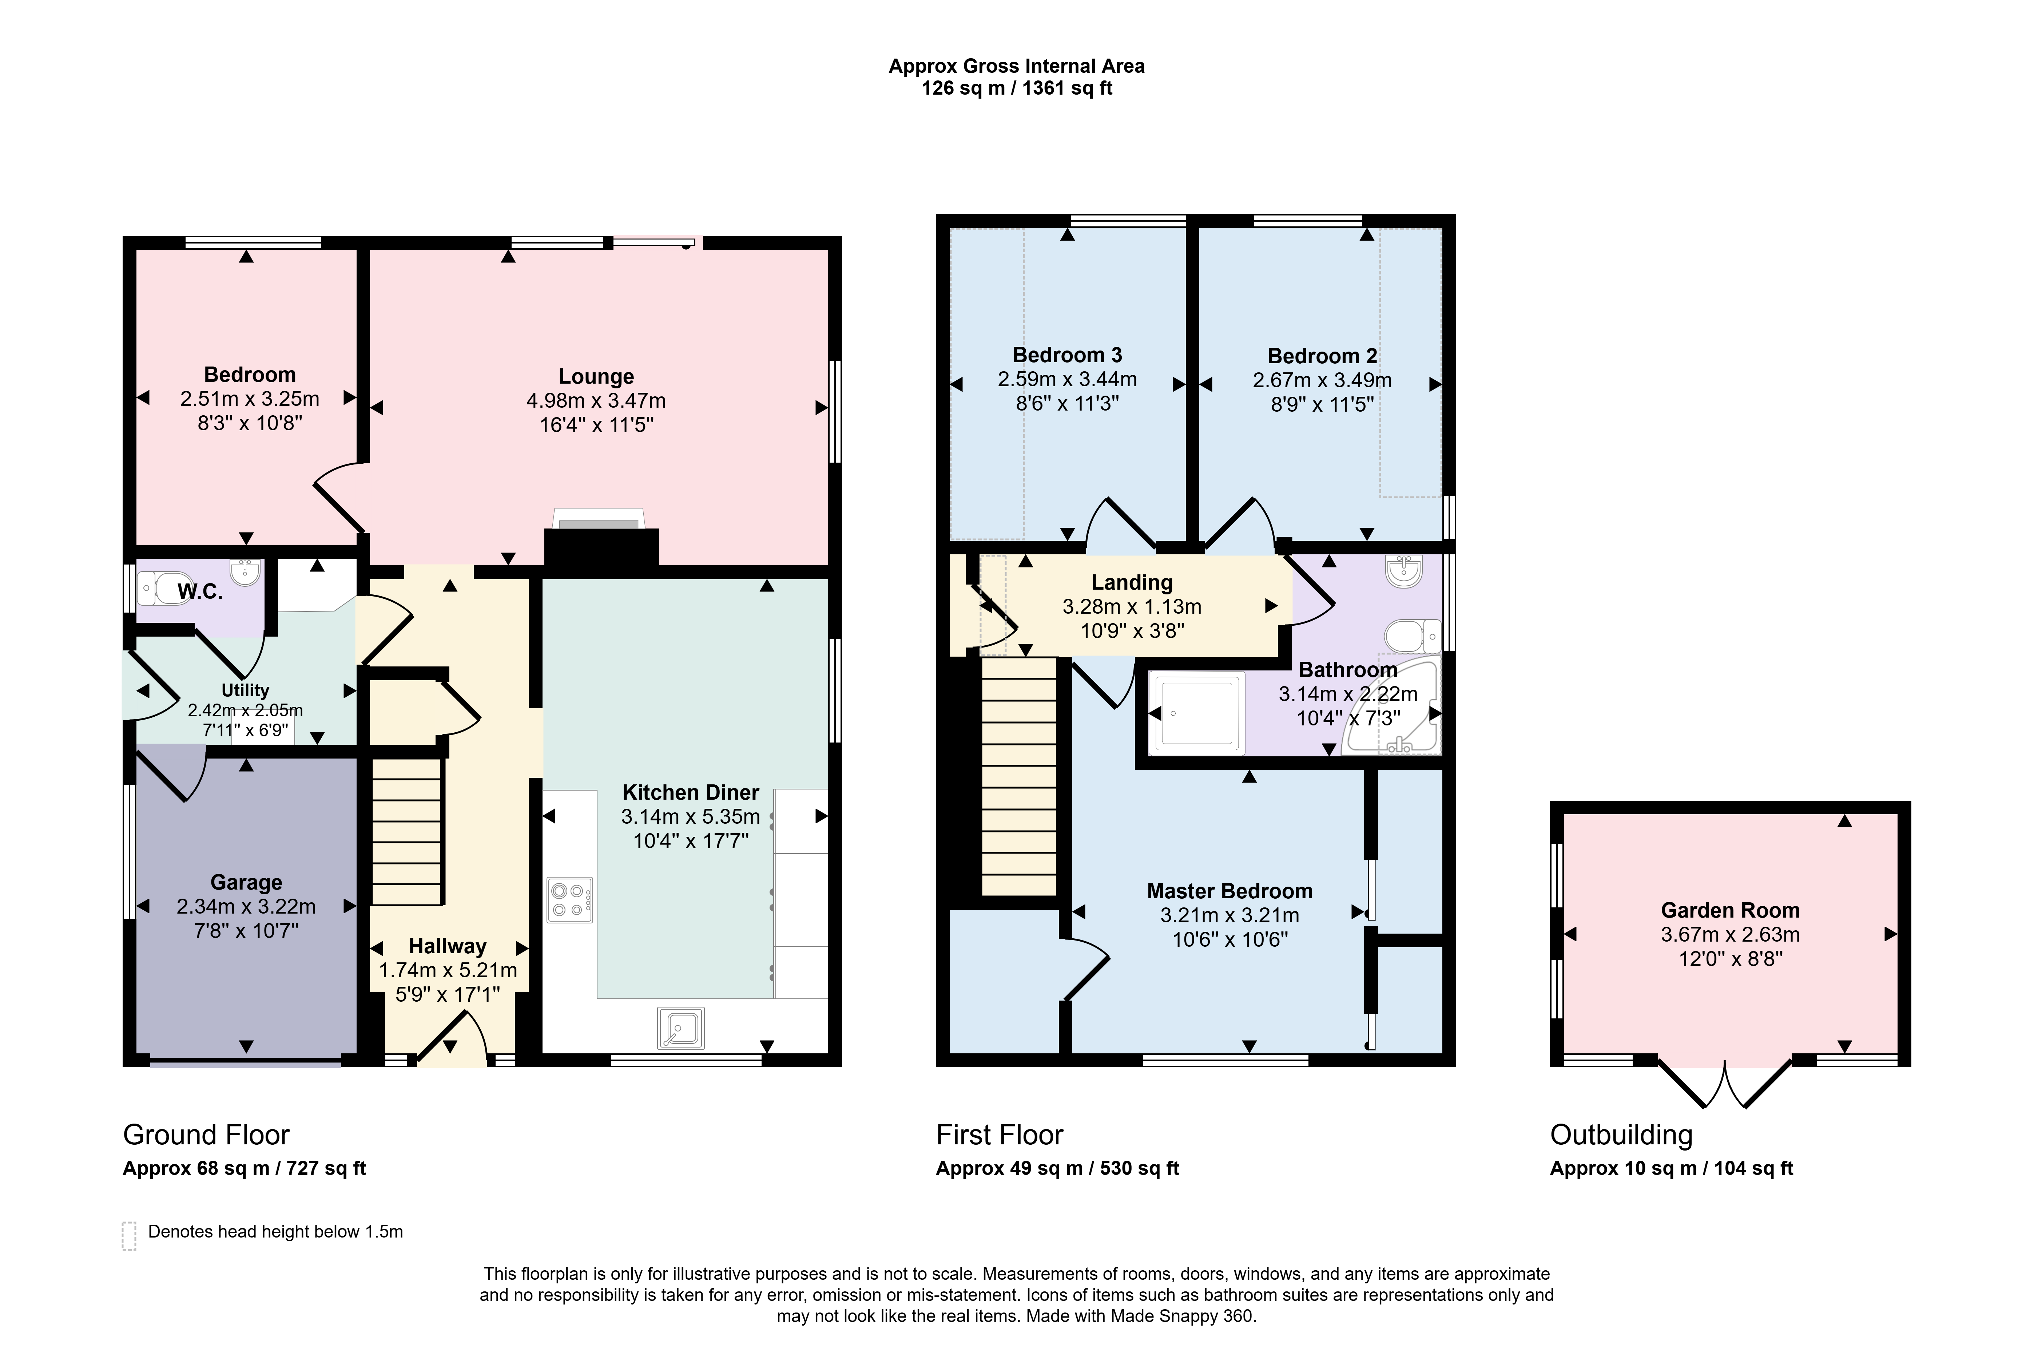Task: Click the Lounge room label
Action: coord(596,376)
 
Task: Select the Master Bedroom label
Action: coord(1229,891)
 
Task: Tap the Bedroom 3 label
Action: coord(1067,355)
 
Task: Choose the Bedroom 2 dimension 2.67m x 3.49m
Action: coord(1322,380)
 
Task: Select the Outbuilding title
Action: coord(1620,1135)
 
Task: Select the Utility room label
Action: coord(245,690)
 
